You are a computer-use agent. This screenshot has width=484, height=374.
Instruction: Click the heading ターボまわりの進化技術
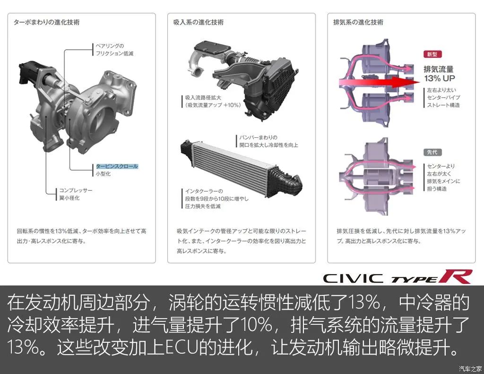point(46,22)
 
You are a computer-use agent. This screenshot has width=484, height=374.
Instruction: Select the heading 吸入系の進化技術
point(199,22)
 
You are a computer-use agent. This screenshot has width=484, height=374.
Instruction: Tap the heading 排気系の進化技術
point(358,22)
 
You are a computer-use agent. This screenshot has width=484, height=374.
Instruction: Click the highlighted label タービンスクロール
point(117,167)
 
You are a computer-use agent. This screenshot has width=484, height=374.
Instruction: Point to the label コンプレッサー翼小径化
point(76,194)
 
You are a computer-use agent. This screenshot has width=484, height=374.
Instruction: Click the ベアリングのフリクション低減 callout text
point(114,50)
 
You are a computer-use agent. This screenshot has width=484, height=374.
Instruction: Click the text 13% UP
point(440,78)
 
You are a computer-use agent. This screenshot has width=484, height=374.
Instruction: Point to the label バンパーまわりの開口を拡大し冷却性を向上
point(268,141)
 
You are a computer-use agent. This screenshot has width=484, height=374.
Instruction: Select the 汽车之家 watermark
point(470,368)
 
